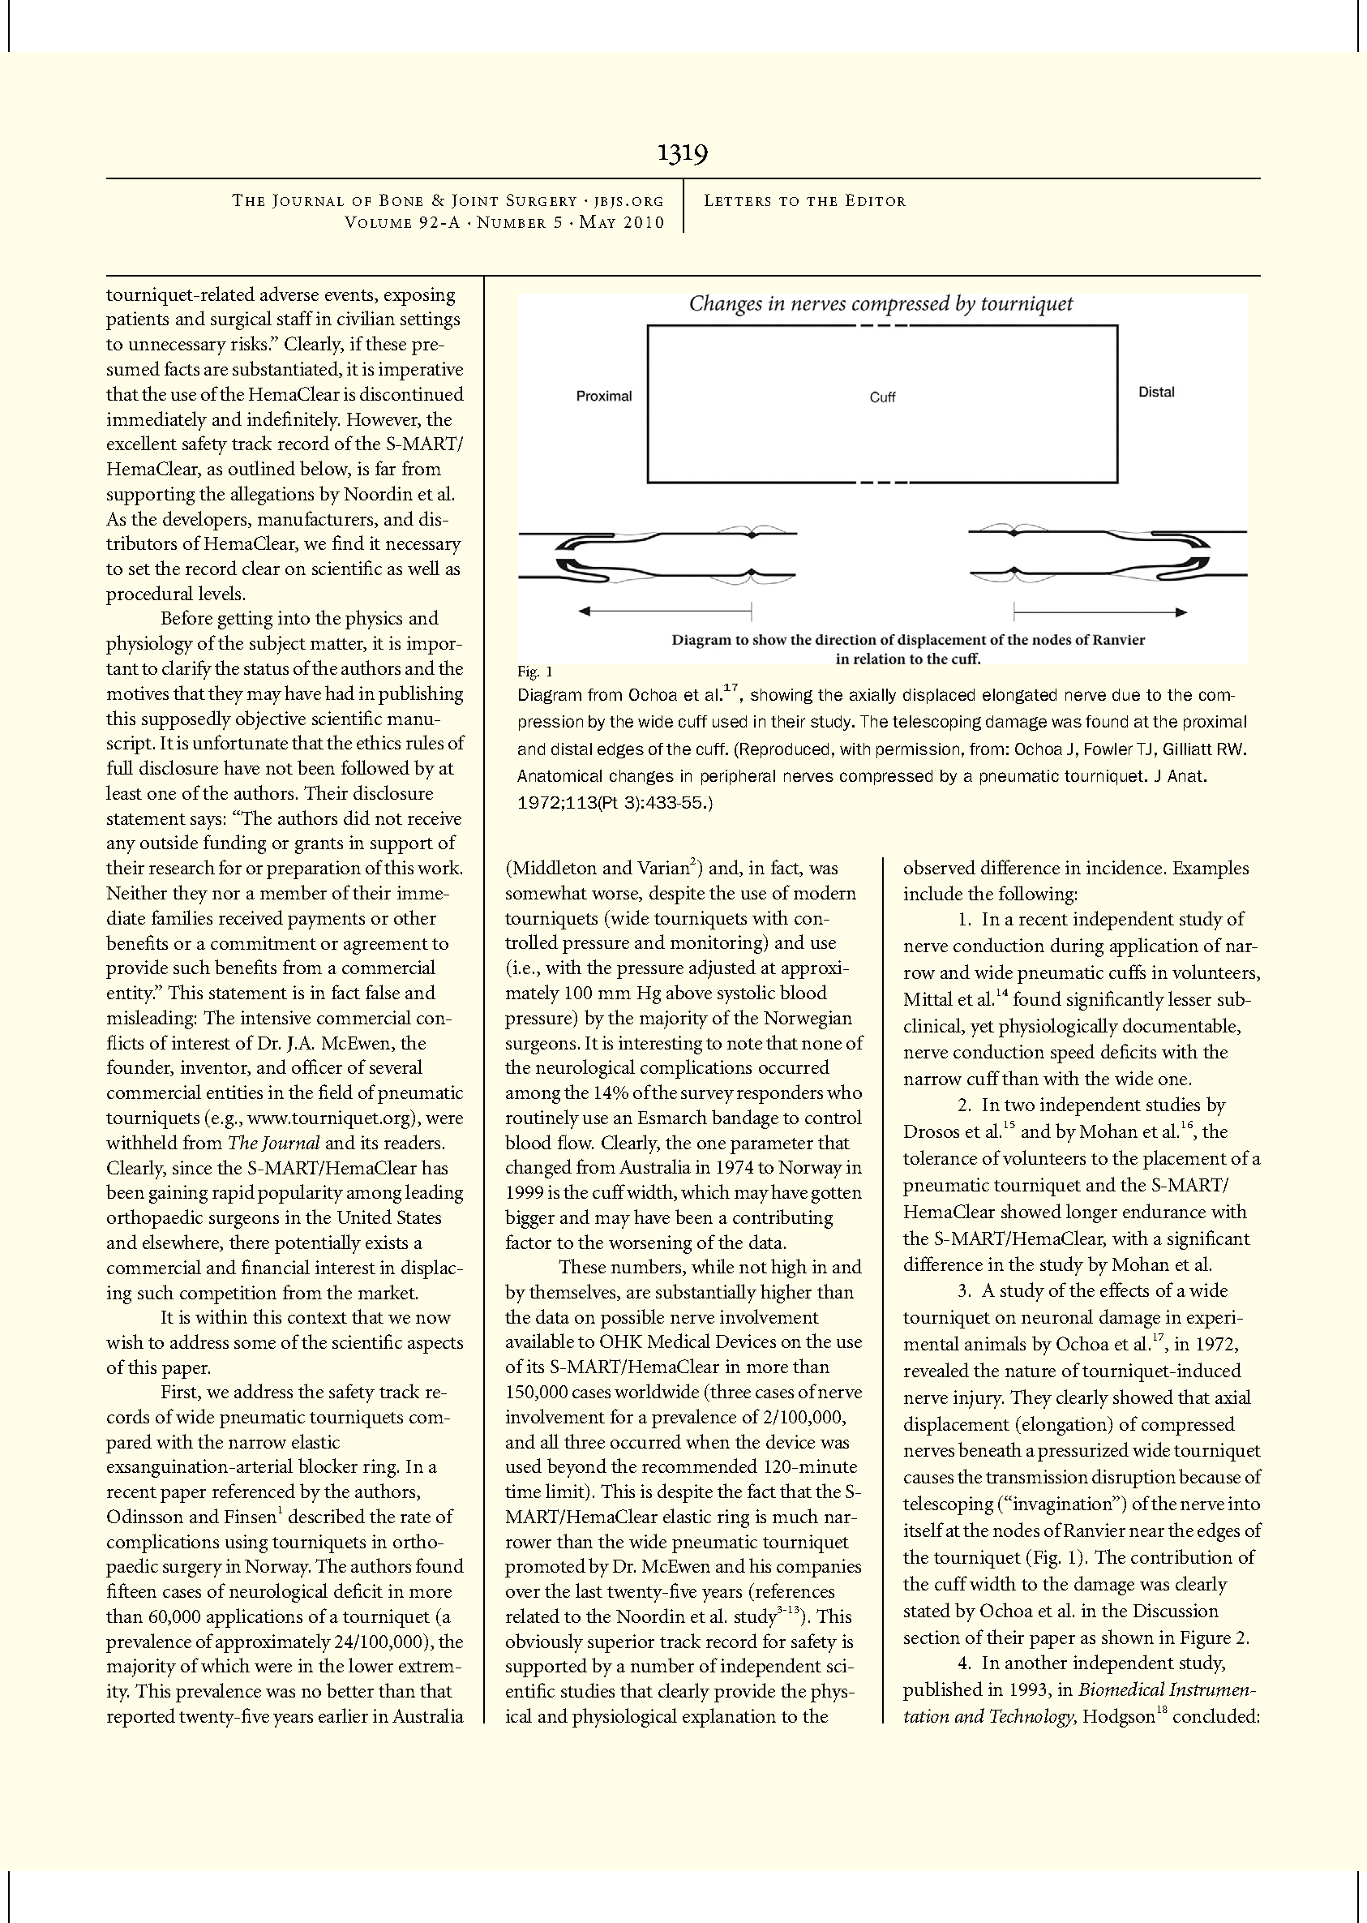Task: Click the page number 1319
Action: click(683, 153)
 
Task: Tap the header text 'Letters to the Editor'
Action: click(804, 201)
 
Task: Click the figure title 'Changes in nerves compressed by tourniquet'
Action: click(881, 304)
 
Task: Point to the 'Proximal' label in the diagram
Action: click(603, 397)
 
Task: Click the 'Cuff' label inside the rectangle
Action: click(882, 397)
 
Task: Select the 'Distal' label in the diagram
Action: click(1155, 393)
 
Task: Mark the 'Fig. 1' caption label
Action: click(534, 672)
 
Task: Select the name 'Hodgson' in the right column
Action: click(1118, 1717)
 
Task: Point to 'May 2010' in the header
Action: click(622, 223)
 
